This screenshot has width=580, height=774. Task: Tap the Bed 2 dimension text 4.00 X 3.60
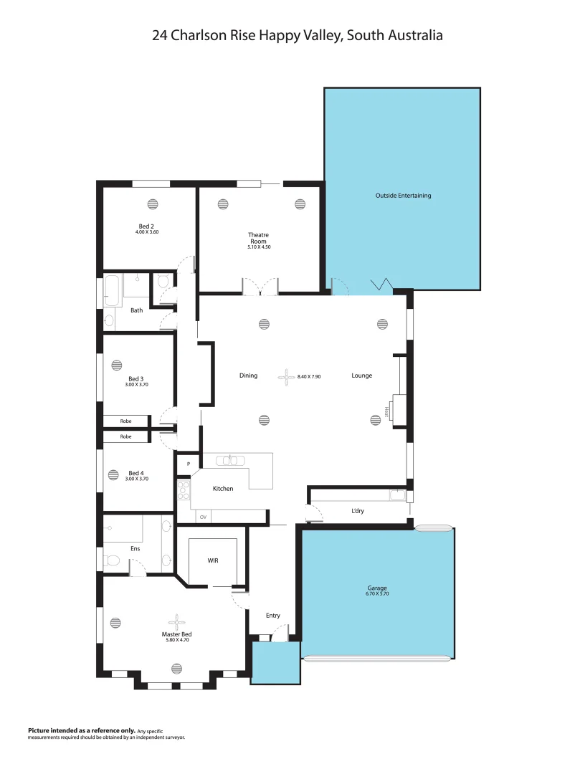(x=146, y=232)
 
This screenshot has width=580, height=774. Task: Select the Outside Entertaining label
(x=403, y=195)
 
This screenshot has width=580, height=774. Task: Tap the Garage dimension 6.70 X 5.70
(x=377, y=594)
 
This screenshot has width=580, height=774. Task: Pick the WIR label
(x=213, y=560)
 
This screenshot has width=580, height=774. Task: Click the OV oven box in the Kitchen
(x=203, y=517)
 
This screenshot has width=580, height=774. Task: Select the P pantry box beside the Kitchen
(x=188, y=464)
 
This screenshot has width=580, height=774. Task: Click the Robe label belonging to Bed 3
(x=125, y=421)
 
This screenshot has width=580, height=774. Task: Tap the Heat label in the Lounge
(x=388, y=411)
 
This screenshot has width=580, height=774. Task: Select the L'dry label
(x=358, y=511)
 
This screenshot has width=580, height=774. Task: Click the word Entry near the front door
(x=272, y=616)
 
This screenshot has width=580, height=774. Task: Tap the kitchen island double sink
(x=230, y=461)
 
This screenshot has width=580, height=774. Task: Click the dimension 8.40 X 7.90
(x=309, y=376)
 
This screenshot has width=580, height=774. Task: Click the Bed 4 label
(x=136, y=473)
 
